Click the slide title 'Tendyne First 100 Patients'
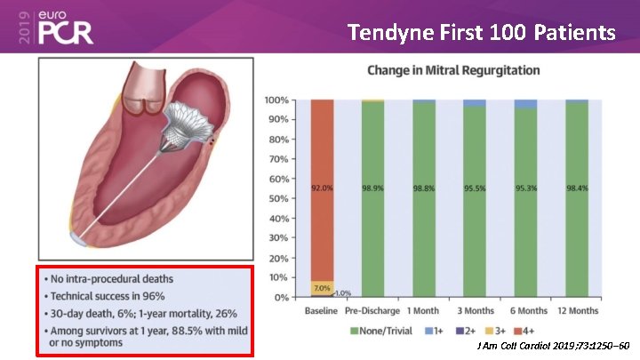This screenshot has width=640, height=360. click(481, 33)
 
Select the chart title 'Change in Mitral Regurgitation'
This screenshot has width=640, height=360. click(453, 70)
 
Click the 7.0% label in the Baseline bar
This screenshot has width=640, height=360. click(322, 288)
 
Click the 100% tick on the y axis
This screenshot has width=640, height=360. click(274, 100)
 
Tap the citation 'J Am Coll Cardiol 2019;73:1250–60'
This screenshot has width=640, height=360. click(553, 345)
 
